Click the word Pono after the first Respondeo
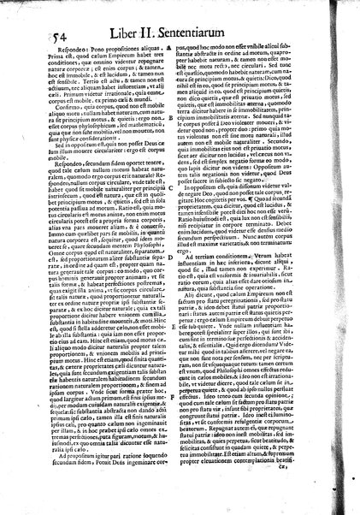point(69,51)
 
